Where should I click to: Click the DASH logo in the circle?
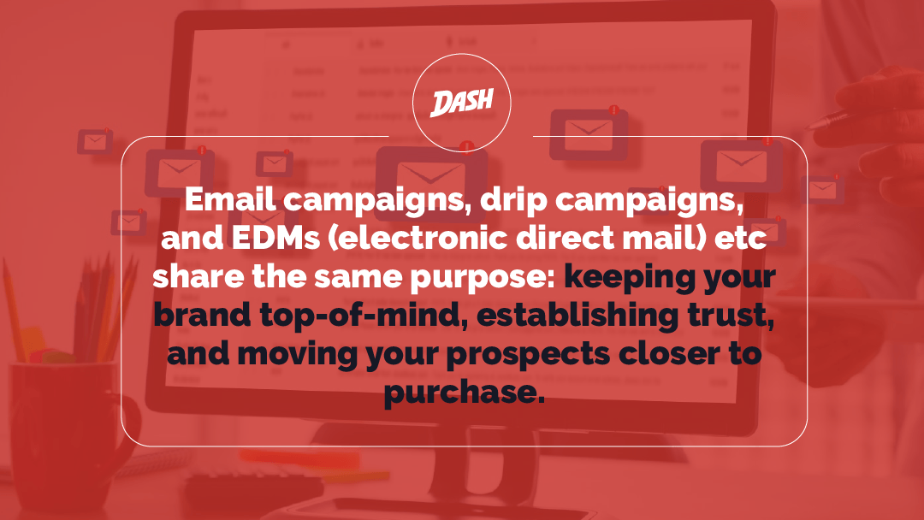click(462, 103)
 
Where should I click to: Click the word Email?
click(230, 199)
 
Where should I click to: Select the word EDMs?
click(275, 237)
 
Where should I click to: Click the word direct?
click(565, 237)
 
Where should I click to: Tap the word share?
click(198, 276)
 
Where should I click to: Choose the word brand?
click(202, 315)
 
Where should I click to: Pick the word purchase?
click(464, 393)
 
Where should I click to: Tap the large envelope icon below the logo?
click(430, 176)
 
